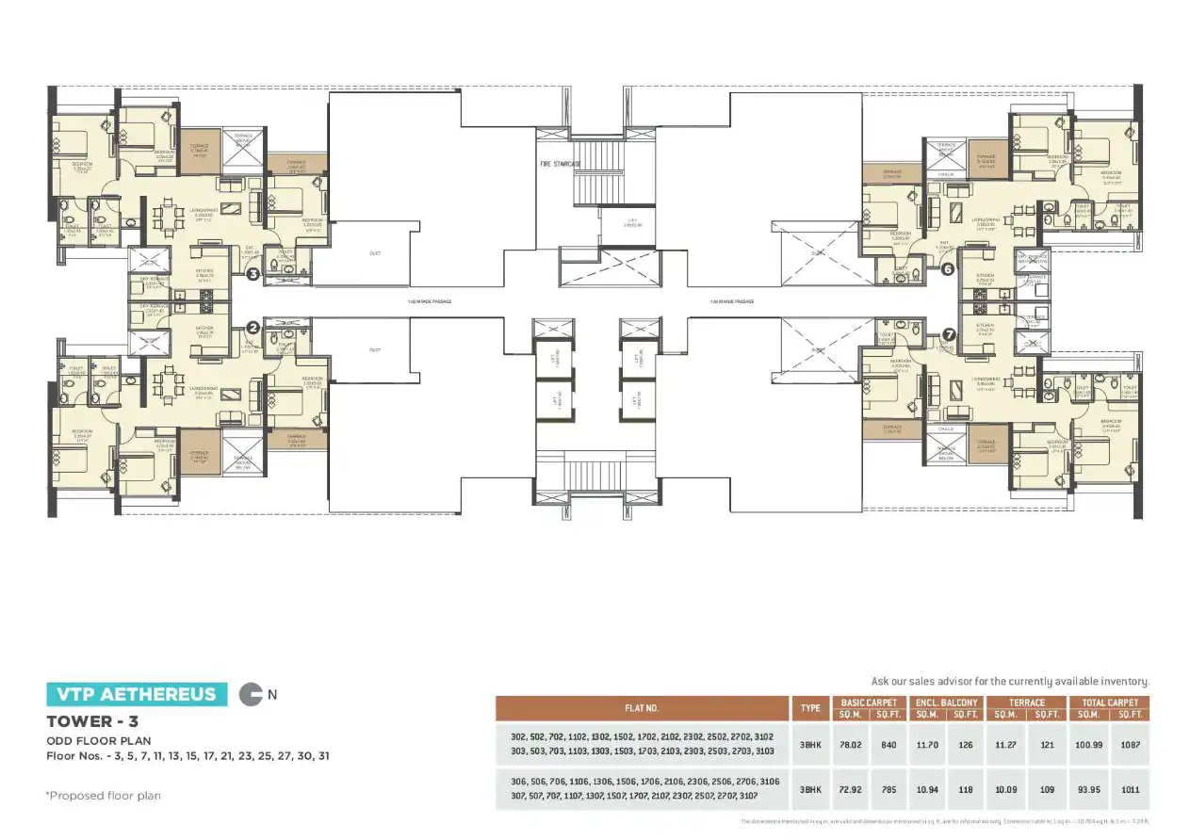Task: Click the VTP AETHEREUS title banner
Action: (x=137, y=695)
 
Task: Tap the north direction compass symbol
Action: (x=252, y=695)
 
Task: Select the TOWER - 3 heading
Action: (x=87, y=722)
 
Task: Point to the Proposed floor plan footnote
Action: (x=104, y=796)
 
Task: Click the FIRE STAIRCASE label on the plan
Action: (x=560, y=164)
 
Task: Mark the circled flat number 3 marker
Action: (x=253, y=275)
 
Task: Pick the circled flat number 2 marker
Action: (x=253, y=328)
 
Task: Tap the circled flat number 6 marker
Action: (x=948, y=268)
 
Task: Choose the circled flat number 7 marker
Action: (x=948, y=333)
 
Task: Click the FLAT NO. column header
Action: (x=641, y=708)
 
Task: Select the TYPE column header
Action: (x=809, y=708)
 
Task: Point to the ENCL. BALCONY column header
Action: (x=946, y=703)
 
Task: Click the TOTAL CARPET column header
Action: (x=1110, y=703)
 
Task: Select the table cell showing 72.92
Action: (x=851, y=790)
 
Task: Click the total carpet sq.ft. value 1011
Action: (x=1130, y=790)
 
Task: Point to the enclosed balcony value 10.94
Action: (x=928, y=790)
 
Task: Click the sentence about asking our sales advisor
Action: (x=1010, y=681)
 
